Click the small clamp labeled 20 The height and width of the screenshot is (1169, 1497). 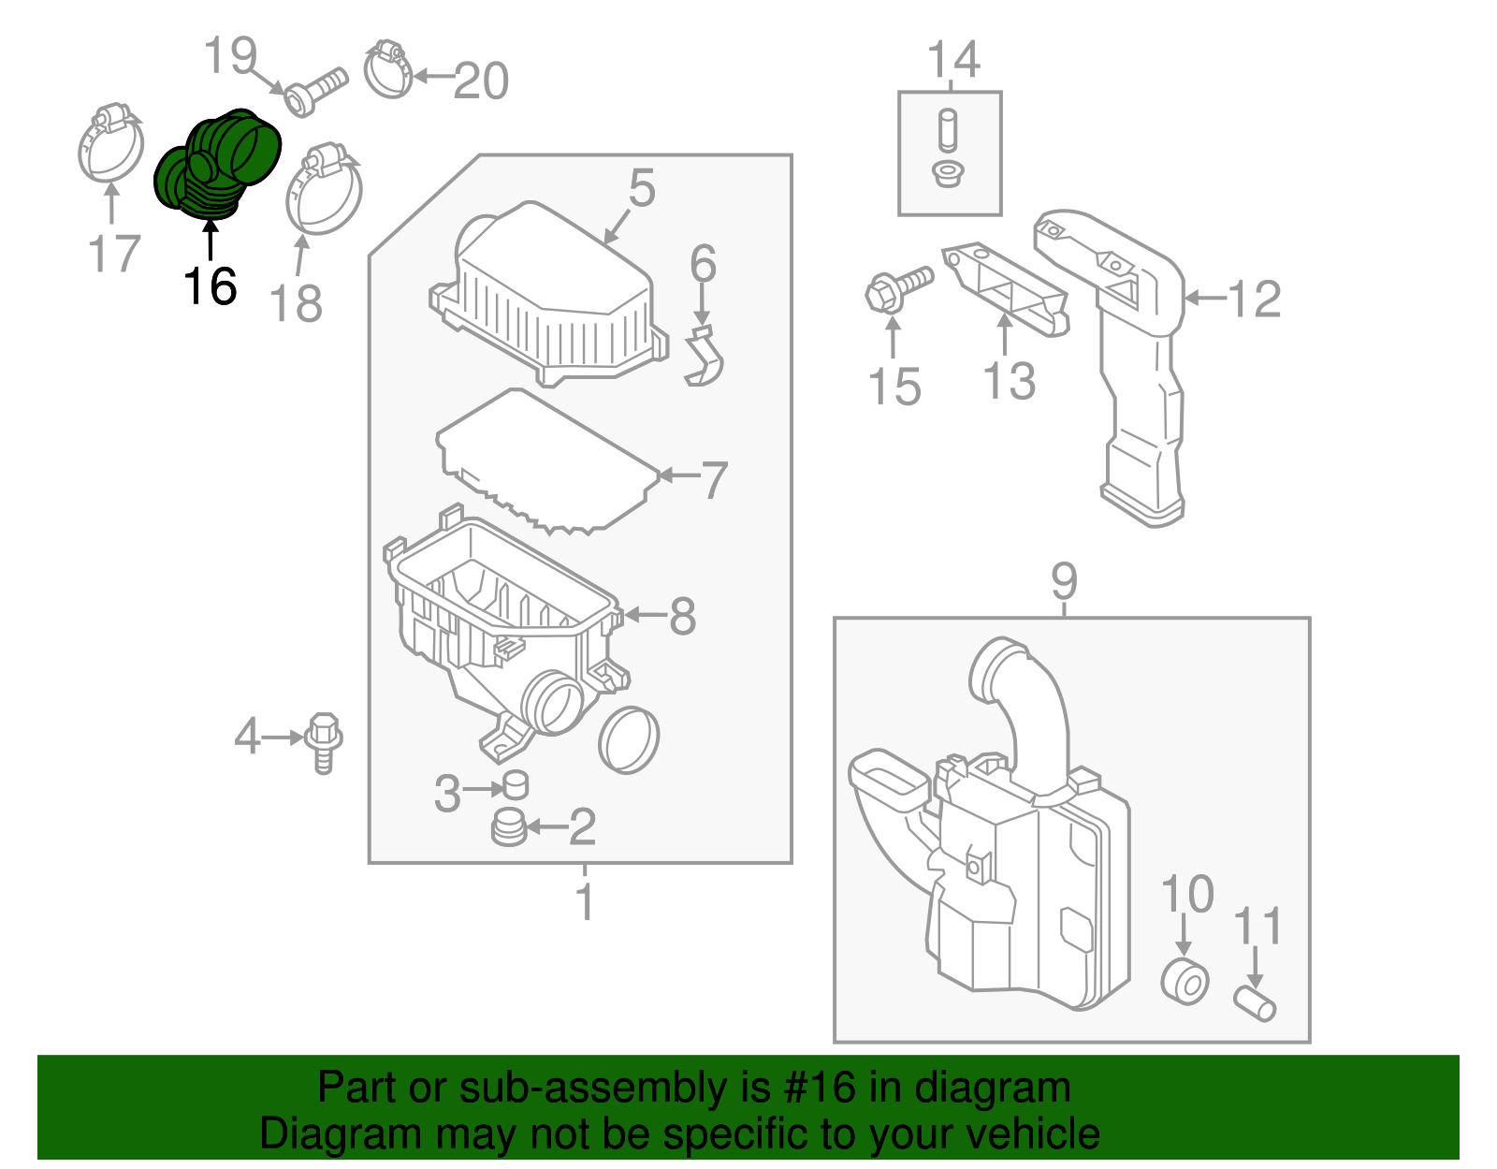coord(388,69)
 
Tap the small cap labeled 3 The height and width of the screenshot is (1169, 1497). coord(516,784)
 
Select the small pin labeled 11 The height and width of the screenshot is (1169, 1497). coord(1256,1003)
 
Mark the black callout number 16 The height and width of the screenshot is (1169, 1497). coord(210,285)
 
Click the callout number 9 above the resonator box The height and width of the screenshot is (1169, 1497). coord(1065,581)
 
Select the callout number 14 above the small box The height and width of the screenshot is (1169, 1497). coord(953,60)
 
